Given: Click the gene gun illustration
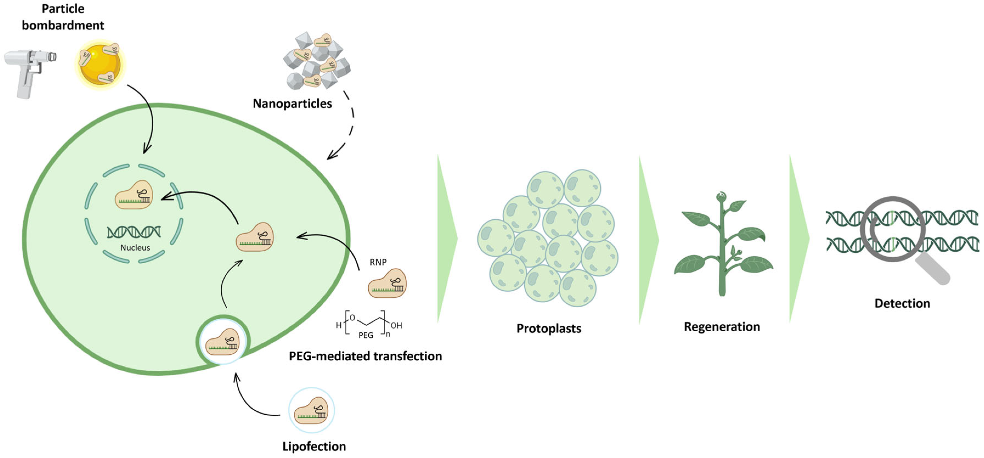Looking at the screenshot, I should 29,71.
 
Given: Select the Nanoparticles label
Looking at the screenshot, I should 292,103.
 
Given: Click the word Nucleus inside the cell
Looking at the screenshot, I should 135,248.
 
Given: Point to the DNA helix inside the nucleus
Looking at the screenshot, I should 134,232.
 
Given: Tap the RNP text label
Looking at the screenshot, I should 378,262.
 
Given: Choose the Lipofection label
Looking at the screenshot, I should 314,446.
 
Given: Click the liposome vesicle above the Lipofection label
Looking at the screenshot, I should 311,411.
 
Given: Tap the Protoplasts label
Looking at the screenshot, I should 548,329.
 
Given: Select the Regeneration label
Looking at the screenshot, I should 722,327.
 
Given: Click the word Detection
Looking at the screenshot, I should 902,303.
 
